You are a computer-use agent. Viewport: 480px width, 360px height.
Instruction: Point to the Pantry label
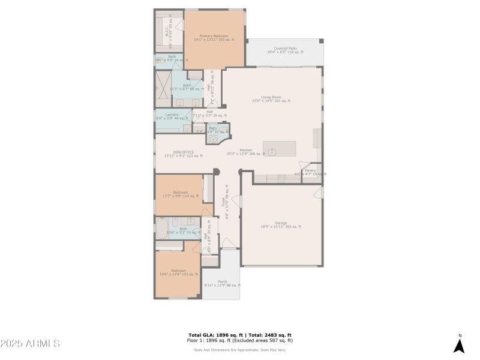(x=310, y=170)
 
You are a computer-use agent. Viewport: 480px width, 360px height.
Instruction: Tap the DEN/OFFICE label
(x=183, y=152)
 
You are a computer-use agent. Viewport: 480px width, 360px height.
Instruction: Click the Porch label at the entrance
(x=222, y=281)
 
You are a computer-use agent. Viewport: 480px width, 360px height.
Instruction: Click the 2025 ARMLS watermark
(x=30, y=344)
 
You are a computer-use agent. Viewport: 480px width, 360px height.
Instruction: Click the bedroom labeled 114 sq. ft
(x=181, y=194)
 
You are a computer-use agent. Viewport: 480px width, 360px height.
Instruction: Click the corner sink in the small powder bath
(x=212, y=139)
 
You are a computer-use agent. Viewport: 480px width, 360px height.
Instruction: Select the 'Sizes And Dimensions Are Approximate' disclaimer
(x=239, y=350)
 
